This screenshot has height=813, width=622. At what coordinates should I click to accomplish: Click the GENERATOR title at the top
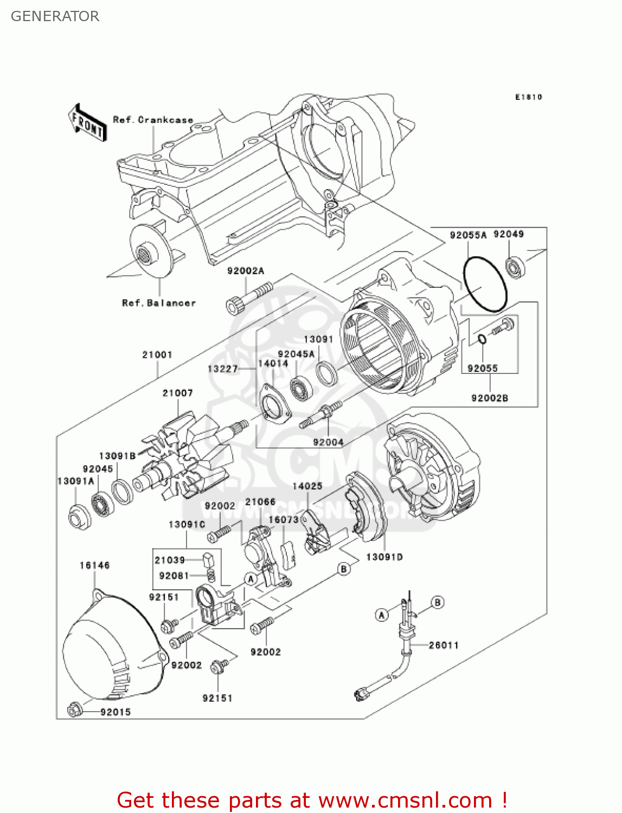55,16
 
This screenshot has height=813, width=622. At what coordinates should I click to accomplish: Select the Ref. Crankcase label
153,120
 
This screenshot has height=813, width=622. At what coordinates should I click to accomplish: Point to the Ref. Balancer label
159,303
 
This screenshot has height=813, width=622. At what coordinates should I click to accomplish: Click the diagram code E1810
528,97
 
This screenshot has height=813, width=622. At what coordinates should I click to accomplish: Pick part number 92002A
246,271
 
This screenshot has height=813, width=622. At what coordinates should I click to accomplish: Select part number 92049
508,234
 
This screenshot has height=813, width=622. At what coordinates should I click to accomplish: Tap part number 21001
157,355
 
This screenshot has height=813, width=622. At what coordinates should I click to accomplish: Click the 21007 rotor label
177,393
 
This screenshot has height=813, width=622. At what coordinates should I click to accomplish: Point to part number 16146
94,565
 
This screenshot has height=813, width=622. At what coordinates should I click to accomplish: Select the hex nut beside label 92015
75,709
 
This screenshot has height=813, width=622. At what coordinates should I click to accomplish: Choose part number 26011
444,645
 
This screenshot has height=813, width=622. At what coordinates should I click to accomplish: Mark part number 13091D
384,557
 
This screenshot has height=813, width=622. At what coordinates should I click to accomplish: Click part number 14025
307,486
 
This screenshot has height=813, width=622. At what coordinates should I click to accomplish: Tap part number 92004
328,442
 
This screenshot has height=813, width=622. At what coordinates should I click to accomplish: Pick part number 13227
222,369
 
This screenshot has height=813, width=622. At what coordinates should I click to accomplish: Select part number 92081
174,576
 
